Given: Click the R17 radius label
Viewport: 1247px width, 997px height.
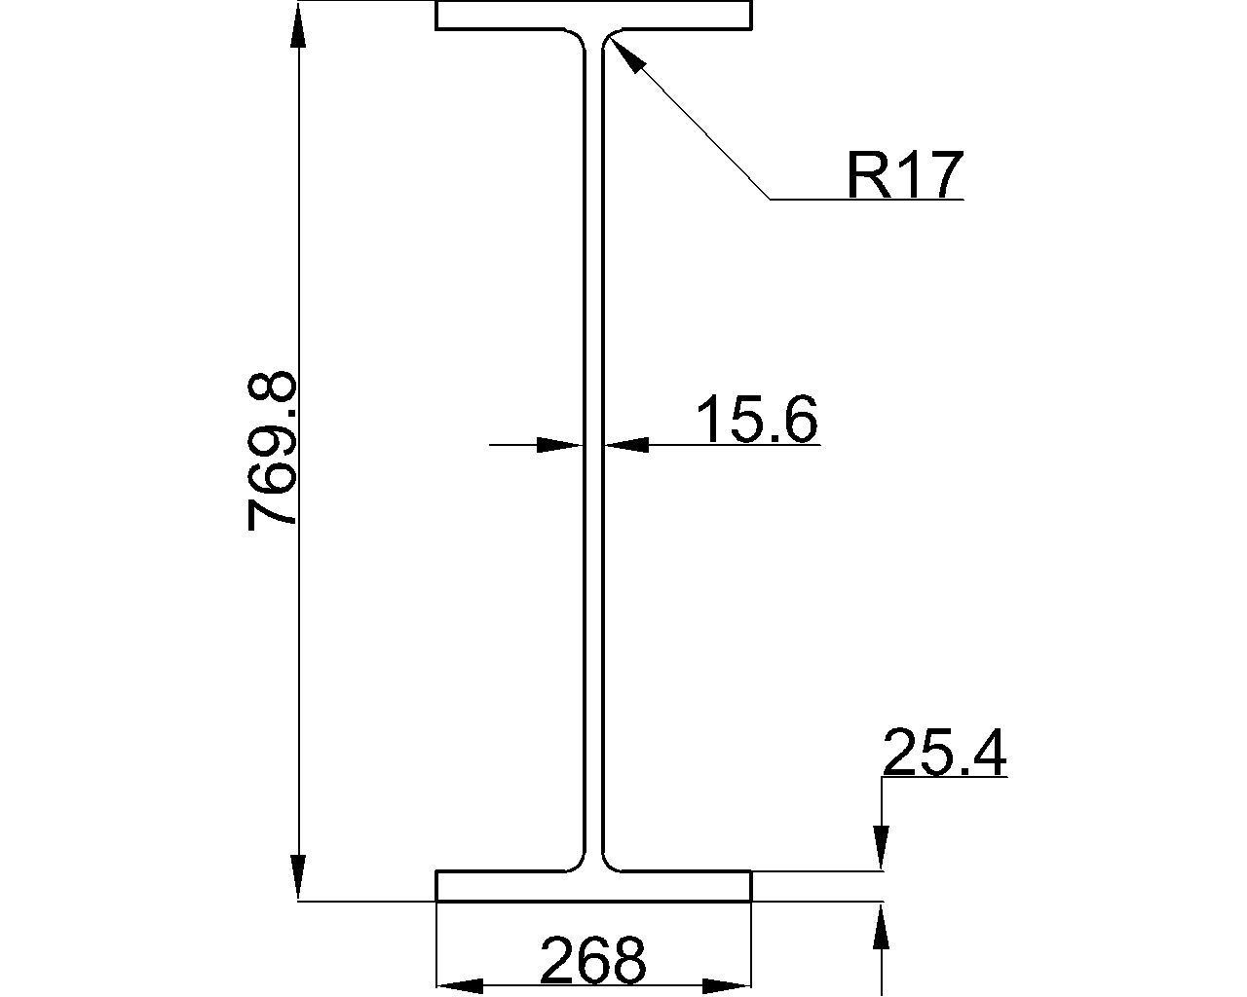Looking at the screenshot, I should [x=904, y=175].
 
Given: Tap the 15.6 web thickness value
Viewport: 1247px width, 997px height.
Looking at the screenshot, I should [x=757, y=420].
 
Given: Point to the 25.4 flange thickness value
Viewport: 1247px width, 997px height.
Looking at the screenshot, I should [x=943, y=753].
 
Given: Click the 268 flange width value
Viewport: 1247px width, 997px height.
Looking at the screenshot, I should [x=592, y=960].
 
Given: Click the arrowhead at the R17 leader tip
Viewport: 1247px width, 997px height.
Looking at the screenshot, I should [x=626, y=56].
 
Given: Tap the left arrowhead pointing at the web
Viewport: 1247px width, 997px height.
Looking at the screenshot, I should [x=560, y=445].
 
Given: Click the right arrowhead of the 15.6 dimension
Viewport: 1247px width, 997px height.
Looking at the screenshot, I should [x=626, y=445].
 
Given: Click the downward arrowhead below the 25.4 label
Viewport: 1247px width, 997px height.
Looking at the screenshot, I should [x=882, y=847].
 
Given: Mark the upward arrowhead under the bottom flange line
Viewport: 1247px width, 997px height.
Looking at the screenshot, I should [x=882, y=927].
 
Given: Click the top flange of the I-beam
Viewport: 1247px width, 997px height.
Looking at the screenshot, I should [x=593, y=16].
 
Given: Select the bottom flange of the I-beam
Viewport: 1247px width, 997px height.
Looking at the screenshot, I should [x=593, y=886].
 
